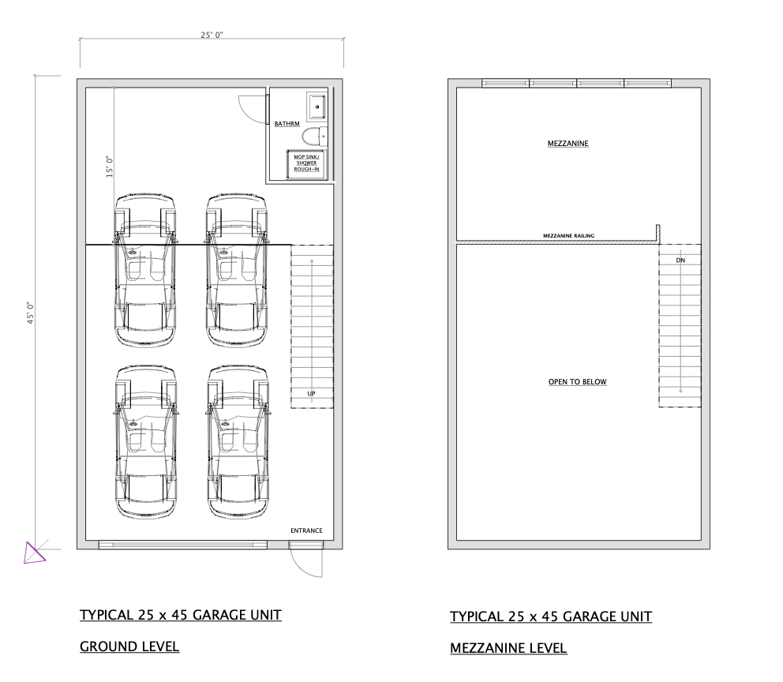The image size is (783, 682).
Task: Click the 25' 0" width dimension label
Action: point(211,35)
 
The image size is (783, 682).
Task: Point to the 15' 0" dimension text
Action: point(111,167)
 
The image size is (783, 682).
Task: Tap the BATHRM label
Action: point(287,124)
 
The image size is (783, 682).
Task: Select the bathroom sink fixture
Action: point(317,104)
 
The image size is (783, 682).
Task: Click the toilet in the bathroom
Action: point(315,136)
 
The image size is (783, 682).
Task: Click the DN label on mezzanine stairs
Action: point(680,260)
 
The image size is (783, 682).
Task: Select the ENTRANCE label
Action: point(306,530)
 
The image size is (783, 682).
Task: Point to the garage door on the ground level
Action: point(182,544)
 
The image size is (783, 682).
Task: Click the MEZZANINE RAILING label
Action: point(568,235)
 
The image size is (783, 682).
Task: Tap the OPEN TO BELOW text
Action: point(577,382)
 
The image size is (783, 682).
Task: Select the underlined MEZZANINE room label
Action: point(568,144)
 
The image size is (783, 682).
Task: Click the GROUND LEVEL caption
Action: point(129,646)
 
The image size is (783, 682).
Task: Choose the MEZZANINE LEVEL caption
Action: point(508,648)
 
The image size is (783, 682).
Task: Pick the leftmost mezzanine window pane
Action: point(505,82)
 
